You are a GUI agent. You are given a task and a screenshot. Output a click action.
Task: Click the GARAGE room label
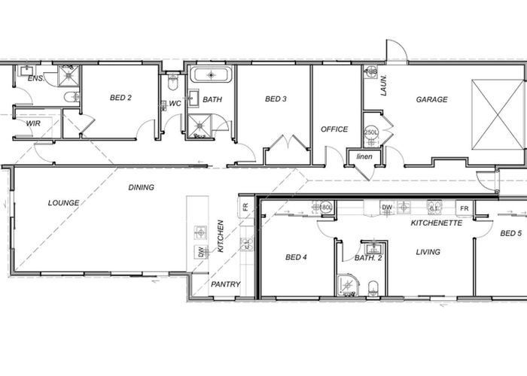(x=432, y=99)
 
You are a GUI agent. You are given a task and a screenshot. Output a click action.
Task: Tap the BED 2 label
(x=121, y=98)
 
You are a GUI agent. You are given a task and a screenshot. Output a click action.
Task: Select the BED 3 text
(x=276, y=99)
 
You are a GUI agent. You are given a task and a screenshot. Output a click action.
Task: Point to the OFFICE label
(x=334, y=129)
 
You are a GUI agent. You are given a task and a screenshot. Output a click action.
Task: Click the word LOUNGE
(x=64, y=202)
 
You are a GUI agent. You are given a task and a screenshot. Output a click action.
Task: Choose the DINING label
(x=141, y=187)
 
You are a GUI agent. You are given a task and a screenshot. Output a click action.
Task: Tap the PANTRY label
(x=226, y=284)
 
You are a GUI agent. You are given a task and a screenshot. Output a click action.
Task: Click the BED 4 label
(x=296, y=257)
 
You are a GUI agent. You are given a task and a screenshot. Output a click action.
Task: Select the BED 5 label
(x=510, y=234)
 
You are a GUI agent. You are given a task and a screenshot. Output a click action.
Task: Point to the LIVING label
(x=428, y=253)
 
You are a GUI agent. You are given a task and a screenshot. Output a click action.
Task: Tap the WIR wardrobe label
(x=33, y=123)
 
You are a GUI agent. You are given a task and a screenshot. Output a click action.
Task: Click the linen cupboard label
(x=364, y=156)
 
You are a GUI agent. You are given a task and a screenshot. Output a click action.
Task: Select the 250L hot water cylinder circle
(x=371, y=132)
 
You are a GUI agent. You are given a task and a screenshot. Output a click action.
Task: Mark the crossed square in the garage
(x=495, y=115)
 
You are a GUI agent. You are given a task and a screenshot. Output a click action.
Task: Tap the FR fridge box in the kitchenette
(x=465, y=208)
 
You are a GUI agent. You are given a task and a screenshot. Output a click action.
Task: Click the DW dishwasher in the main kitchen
(x=201, y=253)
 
